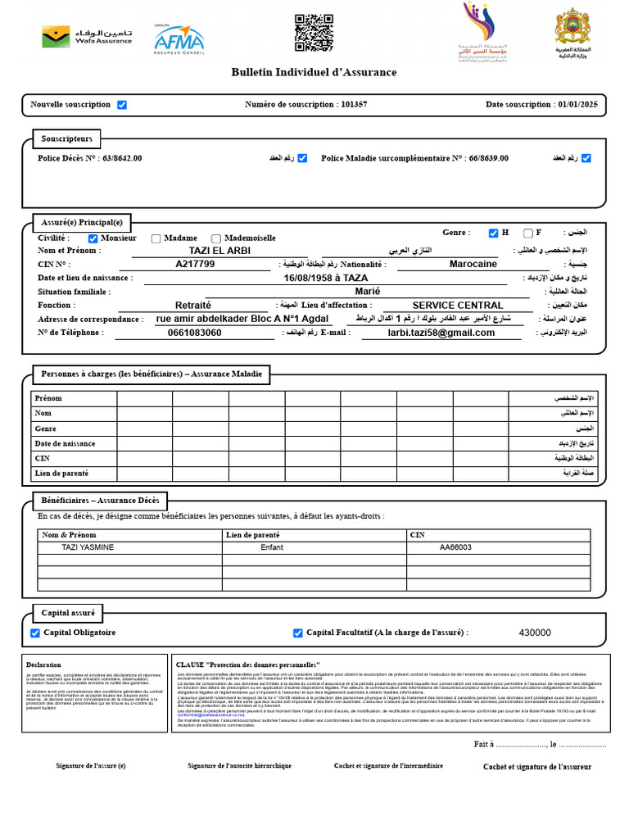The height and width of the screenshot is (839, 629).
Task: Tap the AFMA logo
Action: [179, 39]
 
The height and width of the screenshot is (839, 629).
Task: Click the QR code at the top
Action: [314, 33]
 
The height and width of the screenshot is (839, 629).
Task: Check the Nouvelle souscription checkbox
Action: [122, 105]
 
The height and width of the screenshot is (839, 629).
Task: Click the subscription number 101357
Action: [354, 105]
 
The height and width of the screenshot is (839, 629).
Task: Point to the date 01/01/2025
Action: [577, 105]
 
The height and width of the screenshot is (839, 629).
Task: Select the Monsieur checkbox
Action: [93, 238]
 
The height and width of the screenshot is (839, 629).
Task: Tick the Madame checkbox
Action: [156, 238]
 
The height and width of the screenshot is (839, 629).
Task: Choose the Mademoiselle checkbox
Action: [216, 238]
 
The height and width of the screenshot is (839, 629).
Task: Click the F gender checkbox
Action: [528, 234]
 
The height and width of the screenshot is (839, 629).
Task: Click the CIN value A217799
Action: [196, 265]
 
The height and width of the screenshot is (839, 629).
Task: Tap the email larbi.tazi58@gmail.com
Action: [441, 333]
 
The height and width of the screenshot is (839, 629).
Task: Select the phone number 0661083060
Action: [194, 333]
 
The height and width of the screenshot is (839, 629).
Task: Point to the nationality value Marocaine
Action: [473, 265]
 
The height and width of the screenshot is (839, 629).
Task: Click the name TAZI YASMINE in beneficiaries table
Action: [88, 547]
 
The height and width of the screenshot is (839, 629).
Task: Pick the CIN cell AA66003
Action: [455, 547]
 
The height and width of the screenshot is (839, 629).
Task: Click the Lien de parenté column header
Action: [253, 535]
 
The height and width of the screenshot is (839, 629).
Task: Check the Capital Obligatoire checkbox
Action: [35, 633]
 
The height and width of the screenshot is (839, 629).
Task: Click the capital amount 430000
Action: [535, 633]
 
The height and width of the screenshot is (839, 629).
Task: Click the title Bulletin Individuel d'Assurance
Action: [314, 72]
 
